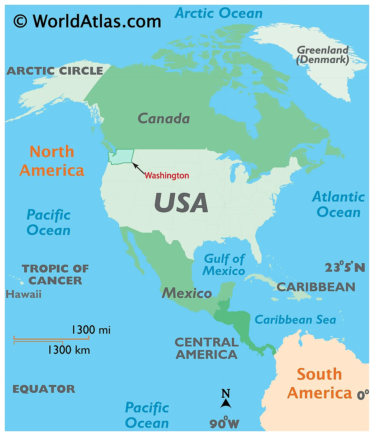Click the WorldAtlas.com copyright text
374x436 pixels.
(87, 21)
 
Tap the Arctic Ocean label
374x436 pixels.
(218, 13)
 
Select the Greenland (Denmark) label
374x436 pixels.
(322, 55)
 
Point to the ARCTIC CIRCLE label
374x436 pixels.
(55, 71)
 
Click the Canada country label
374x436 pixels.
(163, 119)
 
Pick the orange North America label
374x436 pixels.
(52, 161)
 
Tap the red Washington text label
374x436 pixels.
(167, 176)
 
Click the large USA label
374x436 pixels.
(181, 203)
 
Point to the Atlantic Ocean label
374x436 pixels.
(338, 204)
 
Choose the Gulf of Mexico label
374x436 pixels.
(224, 265)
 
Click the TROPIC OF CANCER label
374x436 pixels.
(55, 274)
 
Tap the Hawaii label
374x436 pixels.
(24, 294)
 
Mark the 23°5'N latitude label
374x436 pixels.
(345, 267)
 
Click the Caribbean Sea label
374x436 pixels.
(295, 320)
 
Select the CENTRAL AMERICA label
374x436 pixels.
(207, 348)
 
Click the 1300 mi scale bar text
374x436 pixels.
(91, 330)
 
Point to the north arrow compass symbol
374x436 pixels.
(226, 400)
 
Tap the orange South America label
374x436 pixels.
(319, 383)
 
